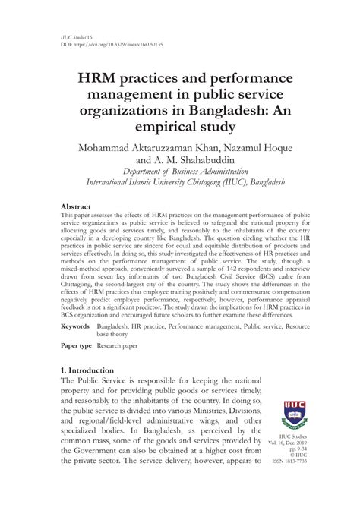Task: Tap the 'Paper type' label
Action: [79, 345]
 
